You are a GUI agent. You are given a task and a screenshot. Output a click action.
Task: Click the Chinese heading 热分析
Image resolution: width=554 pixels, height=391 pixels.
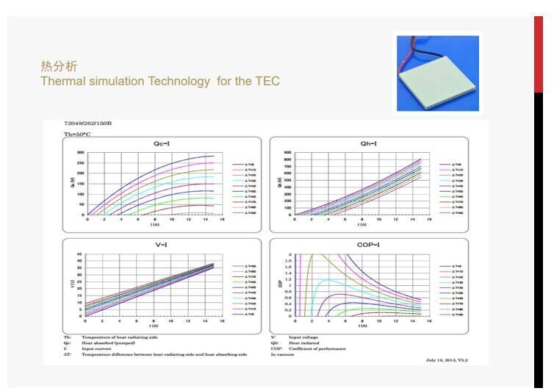[x=59, y=67]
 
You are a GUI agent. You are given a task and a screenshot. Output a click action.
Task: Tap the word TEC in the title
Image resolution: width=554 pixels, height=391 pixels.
[x=267, y=81]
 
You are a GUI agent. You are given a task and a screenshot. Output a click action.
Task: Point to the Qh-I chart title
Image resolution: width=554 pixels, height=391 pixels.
[x=369, y=144]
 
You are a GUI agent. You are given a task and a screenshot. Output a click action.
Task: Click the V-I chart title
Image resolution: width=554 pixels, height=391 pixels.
[x=162, y=245]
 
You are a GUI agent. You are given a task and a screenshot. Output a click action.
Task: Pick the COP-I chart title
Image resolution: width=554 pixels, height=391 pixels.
[x=369, y=245]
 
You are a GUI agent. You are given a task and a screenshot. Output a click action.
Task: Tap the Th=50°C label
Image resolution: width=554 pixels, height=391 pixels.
[x=76, y=135]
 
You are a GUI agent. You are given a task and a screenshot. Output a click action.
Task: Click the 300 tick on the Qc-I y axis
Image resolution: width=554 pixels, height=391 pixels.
[x=80, y=153]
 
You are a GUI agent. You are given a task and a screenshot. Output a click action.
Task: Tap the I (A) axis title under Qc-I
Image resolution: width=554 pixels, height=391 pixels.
[x=155, y=223]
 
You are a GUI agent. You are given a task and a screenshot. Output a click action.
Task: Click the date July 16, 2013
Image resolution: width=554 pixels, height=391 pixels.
[x=440, y=360]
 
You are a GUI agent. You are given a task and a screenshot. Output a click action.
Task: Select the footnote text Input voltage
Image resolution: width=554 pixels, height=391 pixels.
[x=303, y=338]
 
